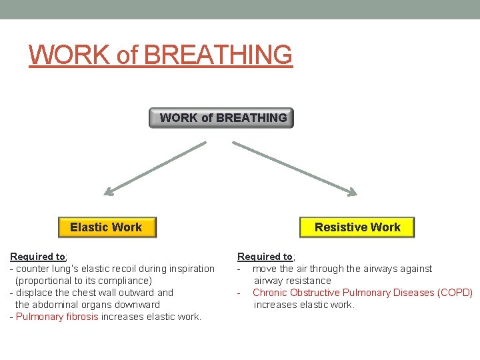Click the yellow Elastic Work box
(x=106, y=227)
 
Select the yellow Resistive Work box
(x=357, y=227)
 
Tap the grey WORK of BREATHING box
(x=221, y=118)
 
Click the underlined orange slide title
(x=161, y=55)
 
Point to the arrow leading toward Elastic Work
(x=155, y=168)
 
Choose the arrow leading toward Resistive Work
(x=295, y=168)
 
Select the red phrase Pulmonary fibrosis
(x=57, y=317)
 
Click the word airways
(x=365, y=269)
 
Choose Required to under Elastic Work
(x=38, y=257)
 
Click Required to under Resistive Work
(x=265, y=257)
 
